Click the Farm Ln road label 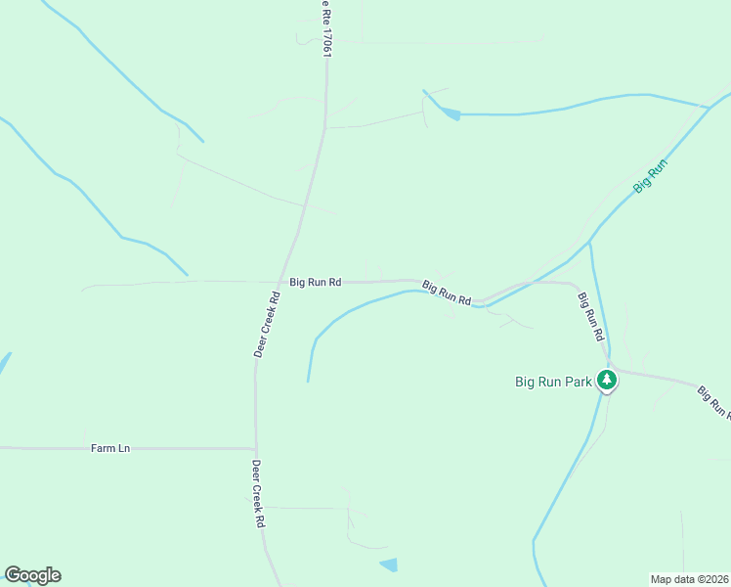(x=110, y=448)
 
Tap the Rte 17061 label (x=325, y=29)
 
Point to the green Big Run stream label (x=649, y=173)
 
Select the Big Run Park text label (x=553, y=382)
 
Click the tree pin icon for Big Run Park (x=607, y=380)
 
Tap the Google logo (x=32, y=575)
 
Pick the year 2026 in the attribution (x=713, y=578)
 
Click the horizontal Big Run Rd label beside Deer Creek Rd (x=315, y=282)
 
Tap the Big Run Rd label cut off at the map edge (x=714, y=402)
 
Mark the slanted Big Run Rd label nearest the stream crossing (x=448, y=292)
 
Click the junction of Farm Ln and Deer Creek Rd (x=256, y=449)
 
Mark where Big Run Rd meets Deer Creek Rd (x=285, y=281)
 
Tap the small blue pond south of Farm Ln (x=389, y=564)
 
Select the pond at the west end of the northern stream (x=450, y=113)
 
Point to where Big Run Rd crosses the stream (x=481, y=303)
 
